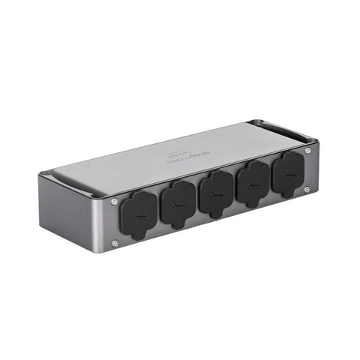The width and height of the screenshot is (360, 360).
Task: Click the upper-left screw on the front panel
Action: (114, 201)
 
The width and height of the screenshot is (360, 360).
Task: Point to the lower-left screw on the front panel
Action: (115, 242)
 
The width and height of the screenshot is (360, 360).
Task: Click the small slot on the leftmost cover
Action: (134, 217)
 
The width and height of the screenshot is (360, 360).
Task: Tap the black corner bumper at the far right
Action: (311, 140)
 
